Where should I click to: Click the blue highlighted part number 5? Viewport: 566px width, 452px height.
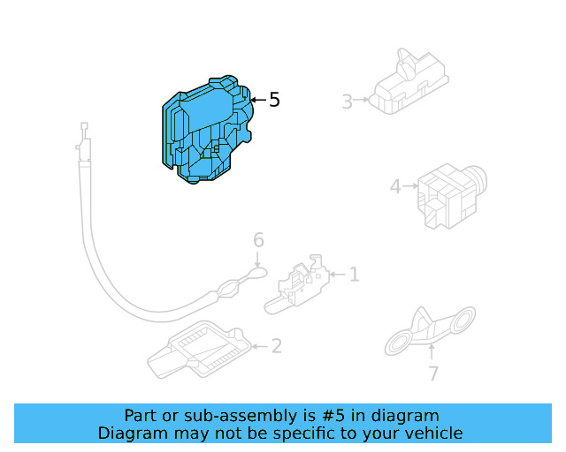[x=206, y=131]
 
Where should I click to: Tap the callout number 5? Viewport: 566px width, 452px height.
[x=274, y=101]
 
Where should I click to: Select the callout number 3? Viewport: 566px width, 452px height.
[x=347, y=102]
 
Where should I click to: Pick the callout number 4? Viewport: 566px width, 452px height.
[x=395, y=186]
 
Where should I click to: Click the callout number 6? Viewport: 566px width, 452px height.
[x=258, y=240]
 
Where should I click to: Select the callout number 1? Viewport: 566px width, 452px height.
[x=354, y=275]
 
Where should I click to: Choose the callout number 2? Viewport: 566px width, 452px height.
[x=276, y=346]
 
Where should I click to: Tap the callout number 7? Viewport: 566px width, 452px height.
[x=432, y=374]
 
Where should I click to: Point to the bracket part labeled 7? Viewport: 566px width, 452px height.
[x=430, y=329]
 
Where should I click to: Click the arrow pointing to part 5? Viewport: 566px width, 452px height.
[x=256, y=101]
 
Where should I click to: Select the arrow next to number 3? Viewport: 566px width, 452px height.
[x=362, y=102]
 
